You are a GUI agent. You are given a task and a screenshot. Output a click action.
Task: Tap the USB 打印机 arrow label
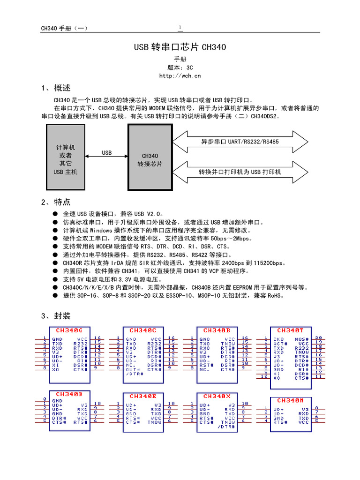point(240,172)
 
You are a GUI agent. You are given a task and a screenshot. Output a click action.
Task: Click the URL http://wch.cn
point(180,75)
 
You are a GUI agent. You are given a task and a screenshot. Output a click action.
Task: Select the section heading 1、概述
point(56,88)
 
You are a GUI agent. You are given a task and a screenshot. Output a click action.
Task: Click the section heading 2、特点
point(56,202)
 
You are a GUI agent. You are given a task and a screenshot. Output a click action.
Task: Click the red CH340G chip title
point(69,330)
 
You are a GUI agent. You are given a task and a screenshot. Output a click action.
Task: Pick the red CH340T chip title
point(290,330)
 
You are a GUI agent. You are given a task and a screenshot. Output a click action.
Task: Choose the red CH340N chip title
point(290,400)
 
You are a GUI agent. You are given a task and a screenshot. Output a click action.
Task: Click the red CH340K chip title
point(69,394)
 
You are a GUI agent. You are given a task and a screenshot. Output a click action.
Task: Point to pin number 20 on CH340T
point(318,337)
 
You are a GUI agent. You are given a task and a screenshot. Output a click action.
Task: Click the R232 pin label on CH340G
point(81,343)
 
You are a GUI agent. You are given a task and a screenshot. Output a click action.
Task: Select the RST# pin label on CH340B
point(206,364)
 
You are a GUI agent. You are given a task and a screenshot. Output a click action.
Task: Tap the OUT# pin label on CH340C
point(133,369)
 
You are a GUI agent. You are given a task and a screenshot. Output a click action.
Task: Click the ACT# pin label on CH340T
point(280,343)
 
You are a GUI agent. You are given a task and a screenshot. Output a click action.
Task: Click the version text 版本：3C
point(180,67)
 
